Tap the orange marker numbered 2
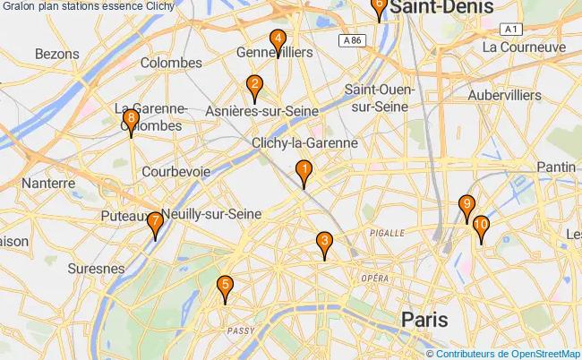click(254, 88)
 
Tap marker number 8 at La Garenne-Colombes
click(132, 121)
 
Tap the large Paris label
click(424, 320)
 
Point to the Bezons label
click(57, 54)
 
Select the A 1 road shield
click(512, 30)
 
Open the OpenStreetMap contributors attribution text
click(508, 353)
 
